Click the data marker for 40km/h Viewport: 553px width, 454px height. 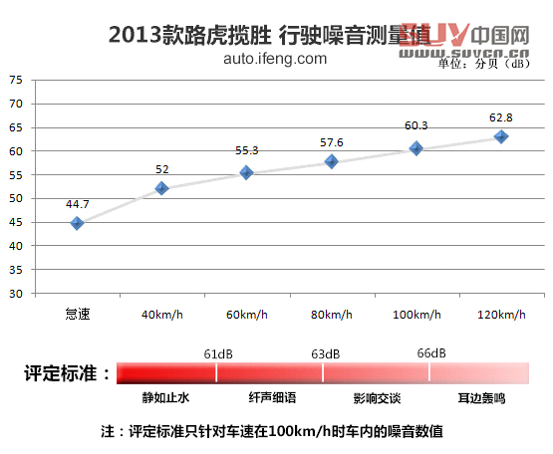pos(161,188)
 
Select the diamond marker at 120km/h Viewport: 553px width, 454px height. pos(501,136)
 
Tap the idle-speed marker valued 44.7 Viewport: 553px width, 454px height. pos(77,223)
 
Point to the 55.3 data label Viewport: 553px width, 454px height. pos(246,150)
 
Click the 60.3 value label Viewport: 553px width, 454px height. pos(415,125)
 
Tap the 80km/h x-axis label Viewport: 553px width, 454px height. pos(331,315)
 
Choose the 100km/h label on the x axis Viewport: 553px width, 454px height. pos(416,315)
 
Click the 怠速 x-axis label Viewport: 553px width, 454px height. pos(77,315)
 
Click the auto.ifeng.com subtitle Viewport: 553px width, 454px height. pos(275,59)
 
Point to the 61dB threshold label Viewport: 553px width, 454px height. pos(218,353)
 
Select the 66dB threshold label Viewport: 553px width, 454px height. pos(431,353)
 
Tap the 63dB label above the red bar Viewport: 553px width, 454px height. pos(325,353)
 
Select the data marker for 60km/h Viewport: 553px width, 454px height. pos(246,172)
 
